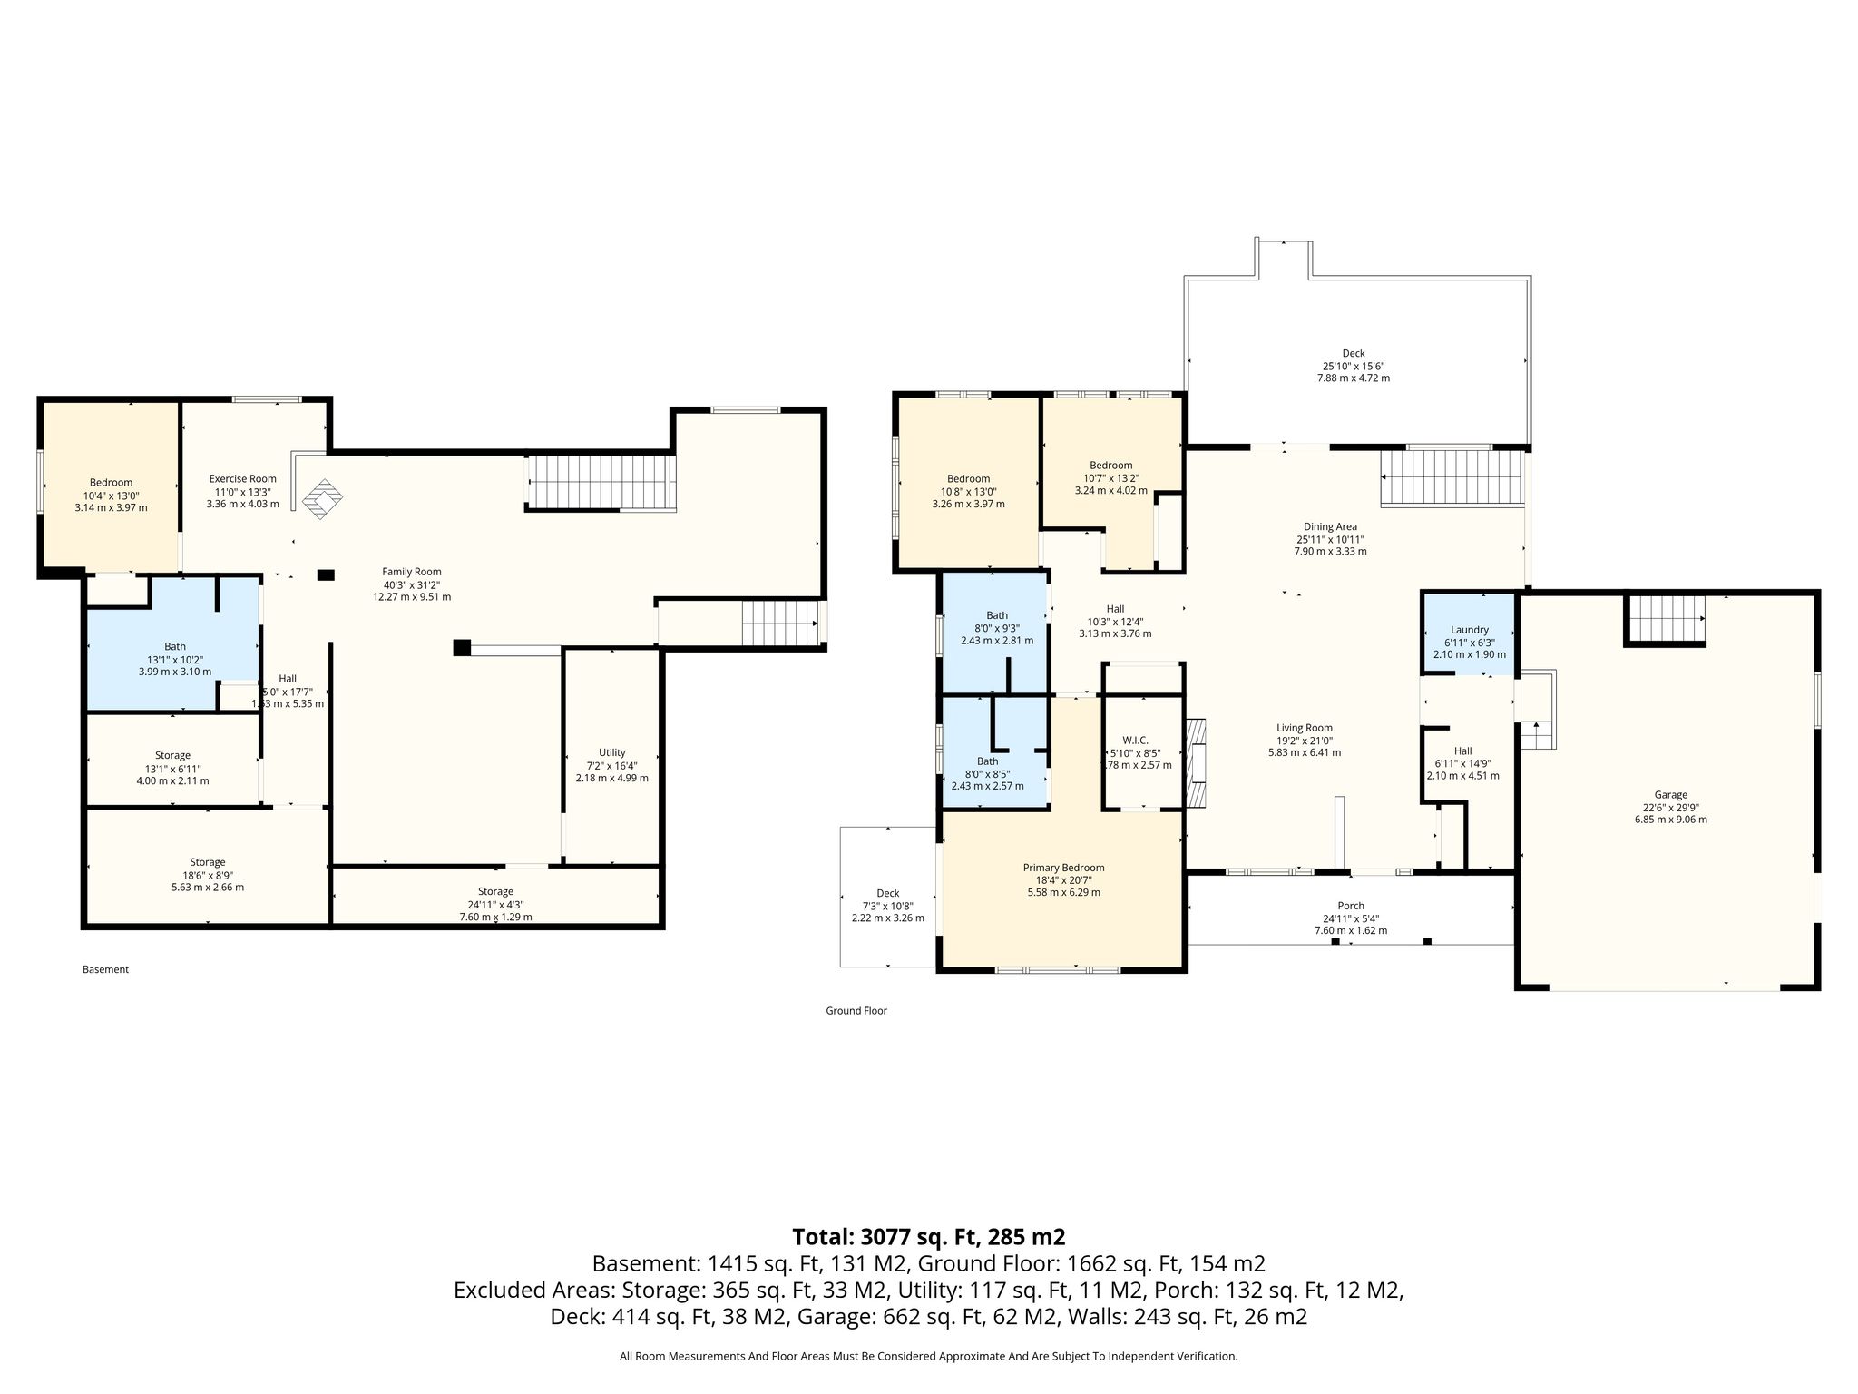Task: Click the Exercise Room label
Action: tap(242, 479)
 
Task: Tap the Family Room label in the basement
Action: tap(411, 572)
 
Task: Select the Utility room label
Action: tap(611, 752)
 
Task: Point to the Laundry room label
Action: tap(1469, 630)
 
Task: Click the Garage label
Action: tap(1670, 795)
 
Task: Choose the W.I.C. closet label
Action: tap(1135, 741)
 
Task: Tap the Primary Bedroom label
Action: tap(1063, 868)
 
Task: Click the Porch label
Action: tap(1351, 906)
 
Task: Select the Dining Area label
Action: tap(1330, 526)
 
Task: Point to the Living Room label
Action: tap(1305, 728)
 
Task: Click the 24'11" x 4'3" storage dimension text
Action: tap(495, 904)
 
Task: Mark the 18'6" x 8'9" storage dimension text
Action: tap(208, 875)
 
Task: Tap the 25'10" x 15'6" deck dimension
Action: tap(1353, 366)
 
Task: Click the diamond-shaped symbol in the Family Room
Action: tap(324, 499)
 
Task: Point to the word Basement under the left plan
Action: tap(105, 969)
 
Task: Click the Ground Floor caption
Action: tap(856, 1010)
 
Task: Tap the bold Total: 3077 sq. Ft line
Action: tap(929, 1236)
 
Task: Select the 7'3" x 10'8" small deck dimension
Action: tap(887, 905)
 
